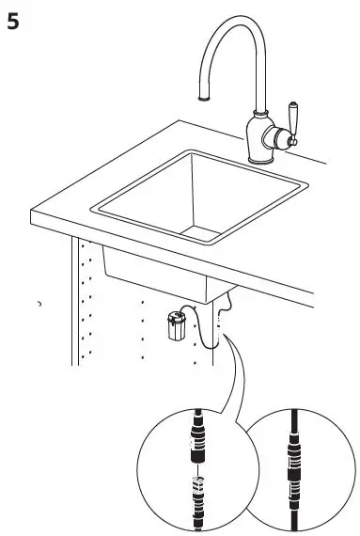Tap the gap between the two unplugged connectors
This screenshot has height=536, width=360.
[x=198, y=467]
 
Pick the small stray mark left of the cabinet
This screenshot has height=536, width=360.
[x=39, y=305]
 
